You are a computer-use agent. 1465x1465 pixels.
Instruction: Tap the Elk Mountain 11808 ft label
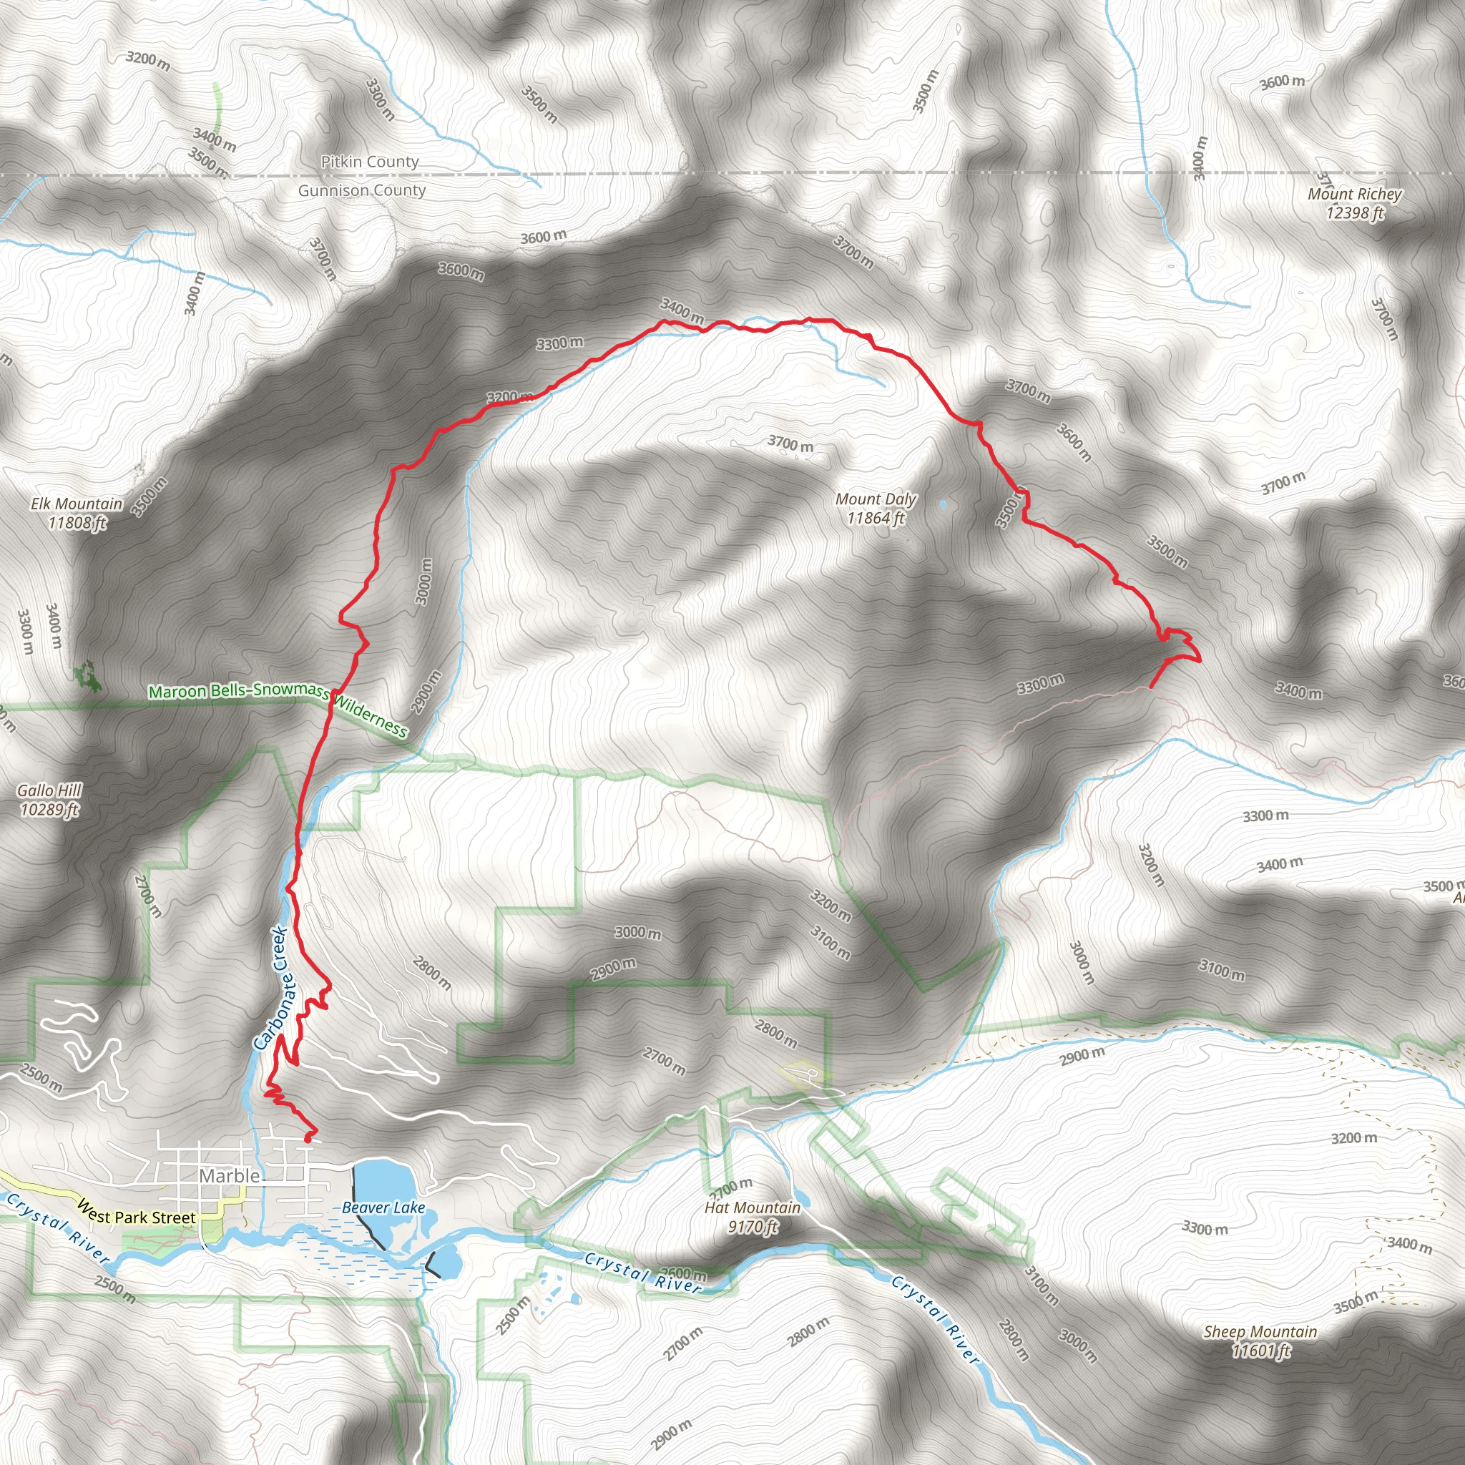tap(77, 513)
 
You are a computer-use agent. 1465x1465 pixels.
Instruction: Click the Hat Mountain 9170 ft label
tap(753, 1217)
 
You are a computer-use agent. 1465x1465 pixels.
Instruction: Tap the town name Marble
tap(230, 1176)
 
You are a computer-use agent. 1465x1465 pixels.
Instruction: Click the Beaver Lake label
tap(383, 1208)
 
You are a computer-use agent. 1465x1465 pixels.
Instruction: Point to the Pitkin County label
tap(369, 162)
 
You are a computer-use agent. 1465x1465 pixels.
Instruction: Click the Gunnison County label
tap(362, 190)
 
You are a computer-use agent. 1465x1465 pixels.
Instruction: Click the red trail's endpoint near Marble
tap(308, 1138)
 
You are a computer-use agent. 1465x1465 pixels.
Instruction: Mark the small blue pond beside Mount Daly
tap(943, 504)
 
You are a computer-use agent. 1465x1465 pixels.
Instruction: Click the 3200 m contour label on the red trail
tap(509, 396)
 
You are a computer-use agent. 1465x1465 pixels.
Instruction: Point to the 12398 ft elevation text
tap(1354, 213)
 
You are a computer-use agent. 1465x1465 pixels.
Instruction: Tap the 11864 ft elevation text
tap(876, 519)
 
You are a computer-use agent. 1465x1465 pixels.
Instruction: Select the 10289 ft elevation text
tap(49, 810)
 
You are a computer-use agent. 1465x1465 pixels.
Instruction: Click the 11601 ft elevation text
tap(1260, 1351)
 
